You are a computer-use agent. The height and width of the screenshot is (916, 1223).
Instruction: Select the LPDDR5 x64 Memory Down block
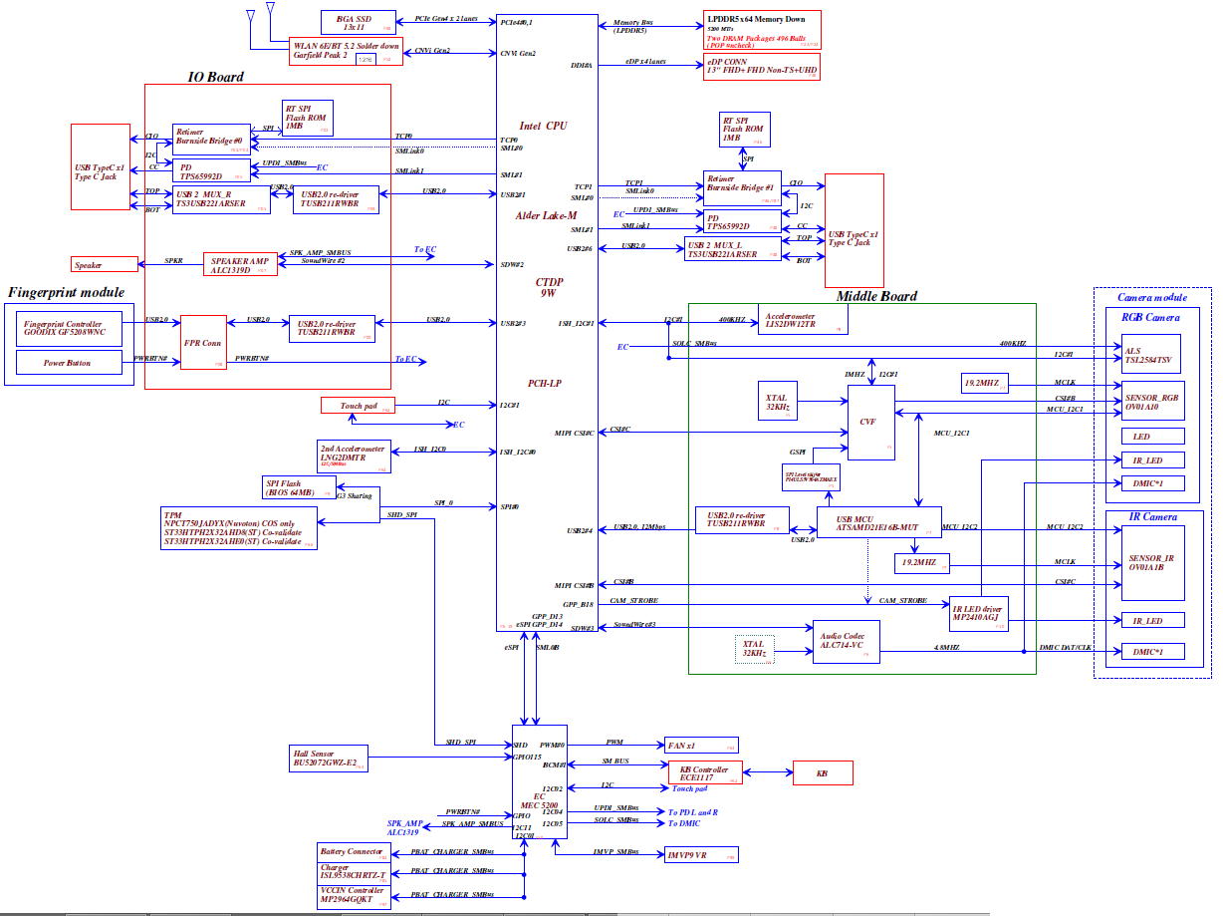[x=762, y=30]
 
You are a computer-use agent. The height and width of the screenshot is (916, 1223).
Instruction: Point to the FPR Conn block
[x=199, y=344]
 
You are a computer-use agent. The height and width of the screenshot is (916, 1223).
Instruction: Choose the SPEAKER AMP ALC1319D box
[x=240, y=264]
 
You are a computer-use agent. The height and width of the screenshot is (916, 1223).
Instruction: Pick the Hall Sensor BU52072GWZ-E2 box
[x=326, y=758]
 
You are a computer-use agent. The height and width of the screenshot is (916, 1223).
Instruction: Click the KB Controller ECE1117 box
[x=704, y=773]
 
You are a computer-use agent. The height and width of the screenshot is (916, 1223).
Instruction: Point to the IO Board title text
[x=215, y=77]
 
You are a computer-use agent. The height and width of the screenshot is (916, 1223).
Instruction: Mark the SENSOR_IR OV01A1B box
[x=1151, y=563]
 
